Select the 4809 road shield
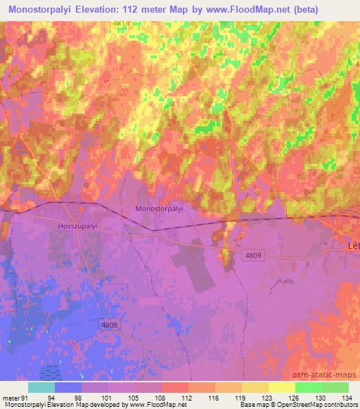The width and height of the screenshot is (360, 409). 255,257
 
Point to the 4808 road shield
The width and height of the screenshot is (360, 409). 109,324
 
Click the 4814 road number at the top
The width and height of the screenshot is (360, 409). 121,24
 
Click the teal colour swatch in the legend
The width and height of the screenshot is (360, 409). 41,387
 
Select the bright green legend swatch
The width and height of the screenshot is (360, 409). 308,387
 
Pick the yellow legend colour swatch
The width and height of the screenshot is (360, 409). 281,387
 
